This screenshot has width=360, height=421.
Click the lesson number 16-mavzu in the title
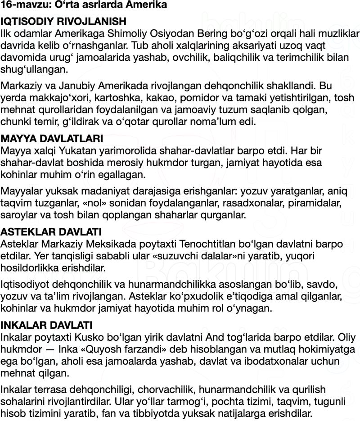click(18, 6)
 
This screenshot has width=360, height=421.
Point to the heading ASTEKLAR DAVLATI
click(51, 232)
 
